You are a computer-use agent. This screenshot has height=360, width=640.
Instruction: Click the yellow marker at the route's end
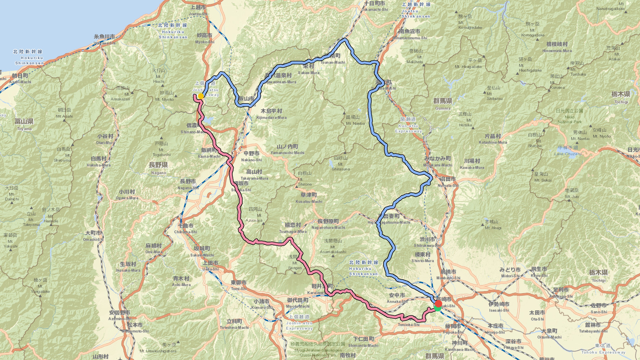[201, 96]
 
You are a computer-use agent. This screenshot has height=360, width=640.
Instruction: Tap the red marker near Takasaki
[438, 304]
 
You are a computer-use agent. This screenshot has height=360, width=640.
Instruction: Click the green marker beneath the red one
[438, 308]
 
